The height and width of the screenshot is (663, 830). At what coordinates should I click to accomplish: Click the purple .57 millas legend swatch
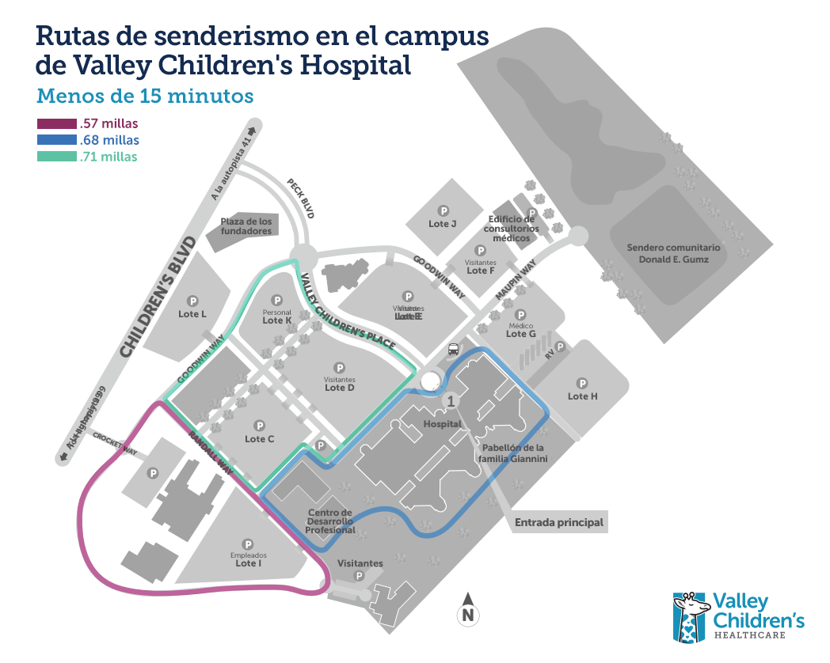coord(56,123)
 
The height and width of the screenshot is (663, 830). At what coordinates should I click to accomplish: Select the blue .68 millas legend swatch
coord(56,140)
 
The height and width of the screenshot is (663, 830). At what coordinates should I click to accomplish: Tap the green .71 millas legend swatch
coord(56,157)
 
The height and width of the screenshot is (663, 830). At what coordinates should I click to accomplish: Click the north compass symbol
coord(468,609)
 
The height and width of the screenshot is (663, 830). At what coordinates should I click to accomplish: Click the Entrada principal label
coord(558,522)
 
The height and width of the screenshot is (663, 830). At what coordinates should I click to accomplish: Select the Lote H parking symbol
coord(583,381)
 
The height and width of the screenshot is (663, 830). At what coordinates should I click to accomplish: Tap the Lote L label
coord(192,314)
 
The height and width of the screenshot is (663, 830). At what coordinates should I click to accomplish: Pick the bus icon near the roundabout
coord(454,349)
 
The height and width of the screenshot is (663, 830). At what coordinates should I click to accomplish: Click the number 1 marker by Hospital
coord(451,401)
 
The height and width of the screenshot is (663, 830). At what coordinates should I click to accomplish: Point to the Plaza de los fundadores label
coord(246,226)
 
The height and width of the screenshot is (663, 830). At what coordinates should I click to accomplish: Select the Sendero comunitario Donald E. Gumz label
coord(673,253)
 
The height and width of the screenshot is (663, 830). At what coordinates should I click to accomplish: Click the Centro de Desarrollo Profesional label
coord(331,521)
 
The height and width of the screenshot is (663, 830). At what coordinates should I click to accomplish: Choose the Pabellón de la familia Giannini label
coord(516,452)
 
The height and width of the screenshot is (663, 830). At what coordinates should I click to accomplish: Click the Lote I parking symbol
coord(248,545)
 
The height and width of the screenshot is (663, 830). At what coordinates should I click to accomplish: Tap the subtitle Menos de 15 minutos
coord(145,96)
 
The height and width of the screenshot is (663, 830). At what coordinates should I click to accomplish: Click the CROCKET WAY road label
coord(116,443)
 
